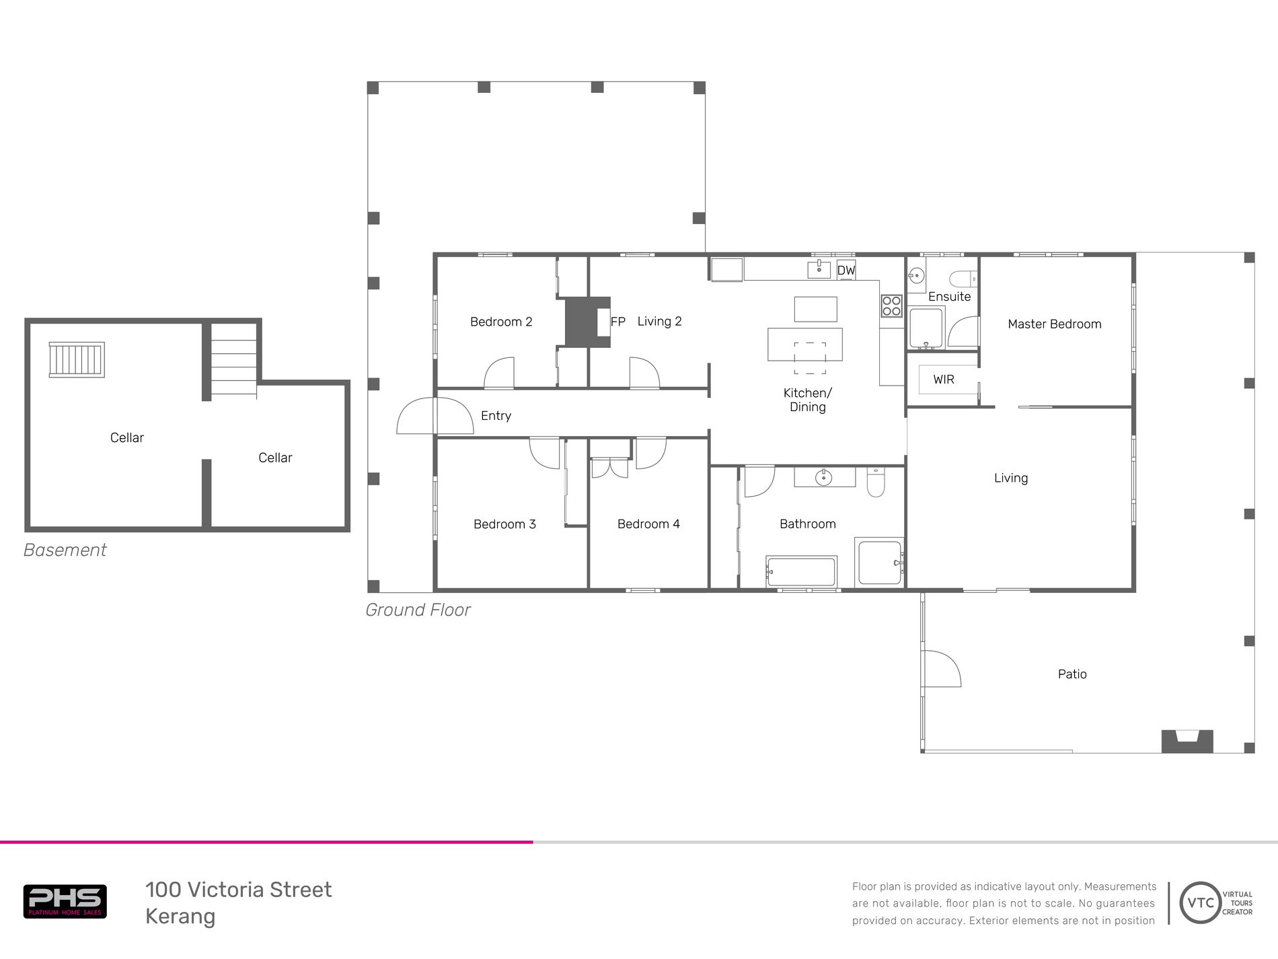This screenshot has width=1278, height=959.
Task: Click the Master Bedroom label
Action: coord(1054,324)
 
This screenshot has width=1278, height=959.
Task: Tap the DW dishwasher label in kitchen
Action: coord(845,271)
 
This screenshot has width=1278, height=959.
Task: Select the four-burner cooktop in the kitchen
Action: coord(891,306)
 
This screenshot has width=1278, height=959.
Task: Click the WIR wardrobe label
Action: coord(943,380)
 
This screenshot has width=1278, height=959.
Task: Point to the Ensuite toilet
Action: coord(964,277)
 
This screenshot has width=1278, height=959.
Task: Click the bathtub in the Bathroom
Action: coord(801,572)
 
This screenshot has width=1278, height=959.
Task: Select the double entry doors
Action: coord(435,416)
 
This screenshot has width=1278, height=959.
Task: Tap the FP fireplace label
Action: coord(617,322)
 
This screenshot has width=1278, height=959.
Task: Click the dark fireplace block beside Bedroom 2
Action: coord(582,322)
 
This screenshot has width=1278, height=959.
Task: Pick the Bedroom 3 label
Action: coord(504,524)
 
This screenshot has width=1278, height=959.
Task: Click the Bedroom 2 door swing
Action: coord(499,374)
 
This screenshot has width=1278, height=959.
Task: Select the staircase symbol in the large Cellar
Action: coord(77,359)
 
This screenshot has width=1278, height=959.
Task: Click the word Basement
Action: coord(65,550)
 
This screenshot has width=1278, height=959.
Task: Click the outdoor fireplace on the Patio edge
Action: coord(1187,741)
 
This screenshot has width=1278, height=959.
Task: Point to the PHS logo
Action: coord(65,901)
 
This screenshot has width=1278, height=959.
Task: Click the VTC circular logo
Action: coord(1200,902)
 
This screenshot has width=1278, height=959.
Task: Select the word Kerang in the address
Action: coord(180,917)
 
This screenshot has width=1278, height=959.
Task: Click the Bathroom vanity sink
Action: coord(823,477)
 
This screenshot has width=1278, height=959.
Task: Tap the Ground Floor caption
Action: coord(417,610)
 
